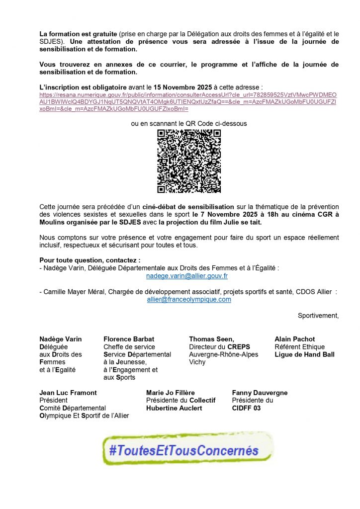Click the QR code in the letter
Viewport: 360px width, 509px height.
click(x=189, y=161)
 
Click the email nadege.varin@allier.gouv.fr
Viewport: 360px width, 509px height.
click(x=187, y=275)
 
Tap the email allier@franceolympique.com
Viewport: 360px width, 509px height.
click(x=189, y=299)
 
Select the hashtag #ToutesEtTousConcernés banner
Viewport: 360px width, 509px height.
click(x=185, y=450)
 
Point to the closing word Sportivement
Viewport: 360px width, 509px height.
click(x=318, y=315)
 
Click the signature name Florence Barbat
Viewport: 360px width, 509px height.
click(x=126, y=339)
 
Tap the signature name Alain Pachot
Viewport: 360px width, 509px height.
click(x=295, y=339)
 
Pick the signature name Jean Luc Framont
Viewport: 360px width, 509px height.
click(x=68, y=393)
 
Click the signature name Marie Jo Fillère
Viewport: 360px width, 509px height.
click(x=171, y=393)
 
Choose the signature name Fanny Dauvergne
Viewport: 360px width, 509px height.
click(x=260, y=393)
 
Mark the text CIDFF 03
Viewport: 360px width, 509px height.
click(x=246, y=408)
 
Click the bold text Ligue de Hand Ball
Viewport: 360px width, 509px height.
click(x=304, y=354)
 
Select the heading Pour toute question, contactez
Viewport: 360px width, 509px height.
click(x=90, y=260)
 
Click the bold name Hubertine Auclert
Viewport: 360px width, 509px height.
click(x=174, y=408)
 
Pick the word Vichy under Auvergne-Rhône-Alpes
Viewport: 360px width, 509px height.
click(x=197, y=362)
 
